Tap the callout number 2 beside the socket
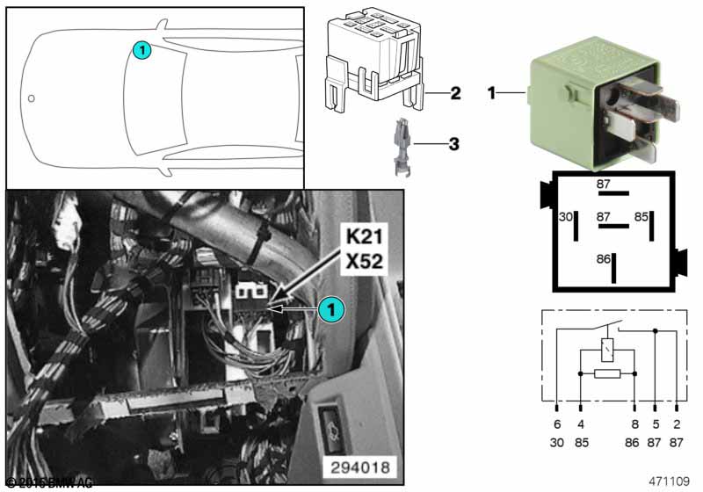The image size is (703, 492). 455,93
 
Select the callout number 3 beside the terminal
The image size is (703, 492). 453,143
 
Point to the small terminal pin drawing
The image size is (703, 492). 400,141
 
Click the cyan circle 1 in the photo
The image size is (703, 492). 330,308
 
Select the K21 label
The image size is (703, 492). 363,237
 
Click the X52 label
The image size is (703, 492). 363,261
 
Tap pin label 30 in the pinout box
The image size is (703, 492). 566,216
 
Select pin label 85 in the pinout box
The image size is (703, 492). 641,216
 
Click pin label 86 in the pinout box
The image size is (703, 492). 602,259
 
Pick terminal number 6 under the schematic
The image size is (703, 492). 557,423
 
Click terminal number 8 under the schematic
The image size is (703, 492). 634,423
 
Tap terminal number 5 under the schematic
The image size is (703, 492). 656,423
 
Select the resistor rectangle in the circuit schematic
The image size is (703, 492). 607,374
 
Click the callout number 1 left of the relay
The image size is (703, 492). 493,91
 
